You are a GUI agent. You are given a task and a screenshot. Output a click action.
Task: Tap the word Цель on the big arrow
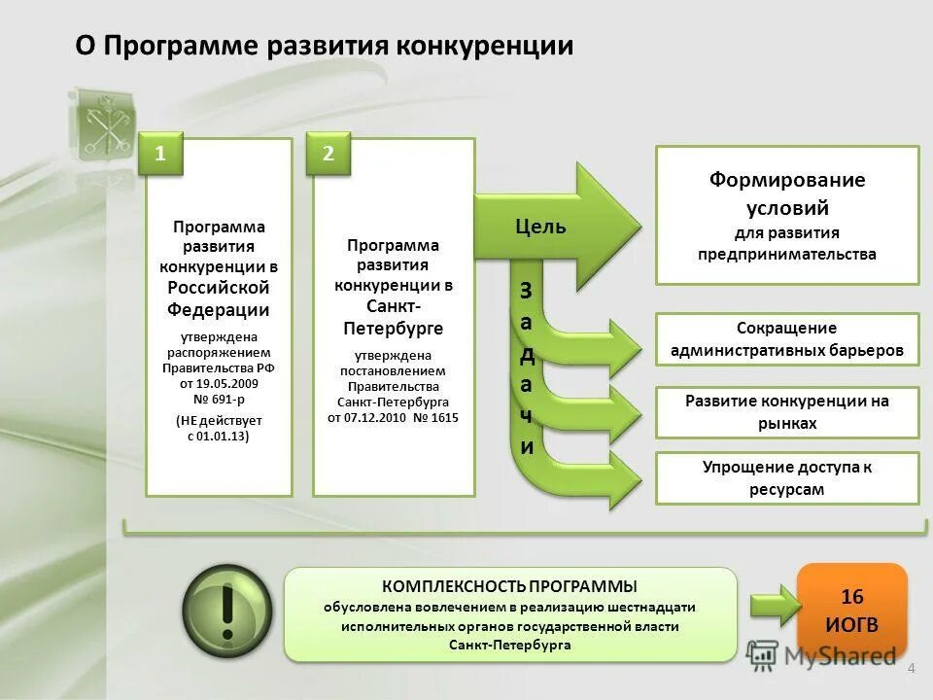(540, 227)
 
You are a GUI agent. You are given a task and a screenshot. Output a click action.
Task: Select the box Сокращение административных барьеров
(787, 339)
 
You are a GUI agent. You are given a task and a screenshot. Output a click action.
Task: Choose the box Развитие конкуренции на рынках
(787, 412)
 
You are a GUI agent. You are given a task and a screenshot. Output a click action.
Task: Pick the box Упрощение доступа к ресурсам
(787, 478)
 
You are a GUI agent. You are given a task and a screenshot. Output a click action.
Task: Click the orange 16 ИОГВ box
(851, 609)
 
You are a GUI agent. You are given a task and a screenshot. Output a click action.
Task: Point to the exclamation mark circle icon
(226, 613)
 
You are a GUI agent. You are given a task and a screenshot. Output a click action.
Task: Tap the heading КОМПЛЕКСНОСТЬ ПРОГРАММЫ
(509, 586)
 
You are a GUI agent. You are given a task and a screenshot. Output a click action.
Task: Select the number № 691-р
(219, 398)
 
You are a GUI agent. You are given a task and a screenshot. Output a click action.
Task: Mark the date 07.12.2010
(377, 417)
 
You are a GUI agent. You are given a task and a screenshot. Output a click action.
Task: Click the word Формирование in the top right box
(786, 181)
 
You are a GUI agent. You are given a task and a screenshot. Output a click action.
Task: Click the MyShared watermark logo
(821, 656)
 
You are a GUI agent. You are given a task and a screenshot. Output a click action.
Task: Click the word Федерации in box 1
(219, 310)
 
